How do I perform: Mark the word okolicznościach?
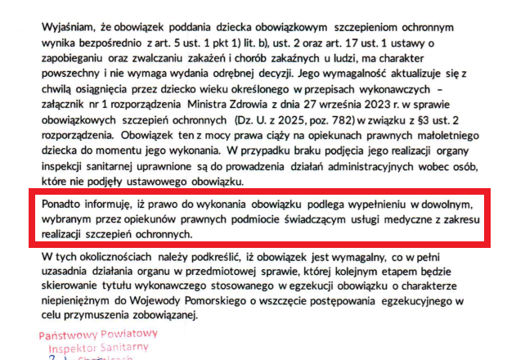click(128, 254)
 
